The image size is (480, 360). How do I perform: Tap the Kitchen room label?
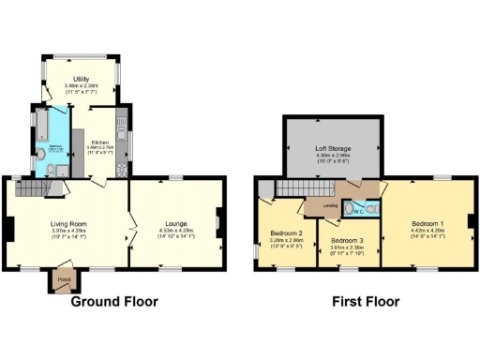[100, 141]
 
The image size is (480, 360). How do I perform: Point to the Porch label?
[64, 279]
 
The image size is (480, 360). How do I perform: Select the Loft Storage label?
[334, 149]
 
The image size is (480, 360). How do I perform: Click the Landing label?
[330, 205]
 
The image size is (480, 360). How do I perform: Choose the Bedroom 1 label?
[427, 223]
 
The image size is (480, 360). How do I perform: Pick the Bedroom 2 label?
[286, 232]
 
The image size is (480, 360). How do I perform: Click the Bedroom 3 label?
[346, 240]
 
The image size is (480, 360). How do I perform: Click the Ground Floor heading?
[114, 302]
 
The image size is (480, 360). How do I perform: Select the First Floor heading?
[366, 302]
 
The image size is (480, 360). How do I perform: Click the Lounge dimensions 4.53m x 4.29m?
[175, 231]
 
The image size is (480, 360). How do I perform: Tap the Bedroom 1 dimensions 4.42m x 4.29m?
[427, 231]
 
